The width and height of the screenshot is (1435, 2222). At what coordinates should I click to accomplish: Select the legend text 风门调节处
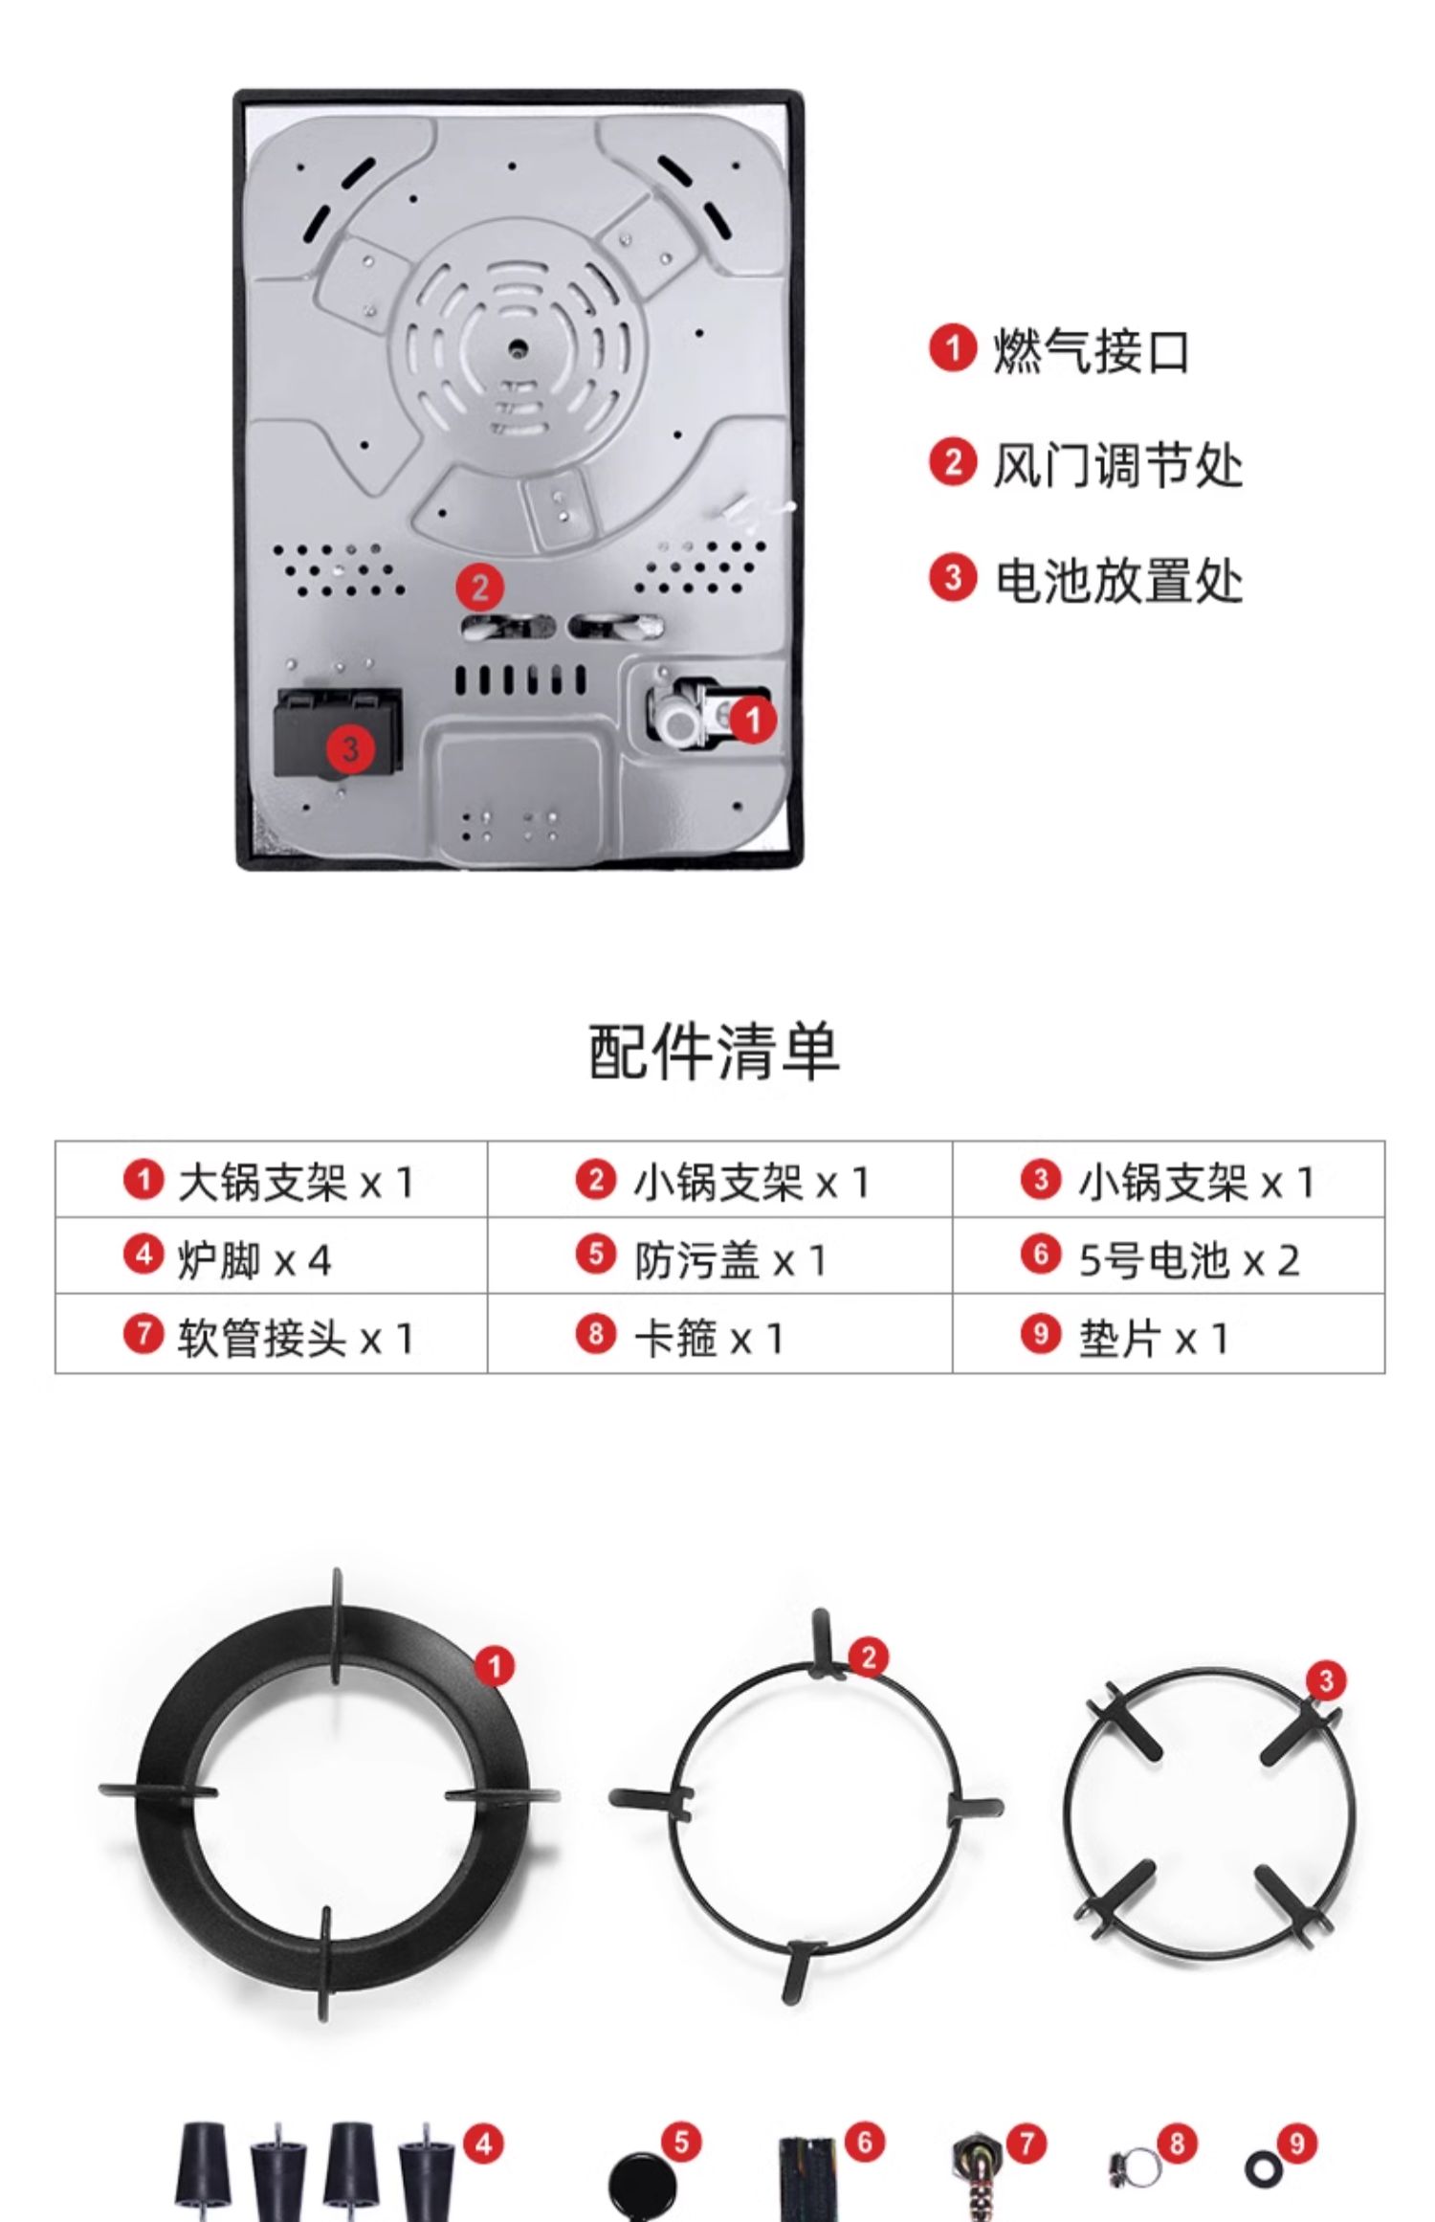pos(1116,465)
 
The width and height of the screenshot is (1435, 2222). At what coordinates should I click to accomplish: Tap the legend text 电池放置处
pos(1117,580)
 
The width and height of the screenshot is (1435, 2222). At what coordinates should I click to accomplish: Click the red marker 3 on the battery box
pos(350,747)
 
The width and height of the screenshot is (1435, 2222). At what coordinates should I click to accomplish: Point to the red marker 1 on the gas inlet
pos(753,718)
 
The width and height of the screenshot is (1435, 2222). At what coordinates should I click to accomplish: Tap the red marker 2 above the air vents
pos(479,587)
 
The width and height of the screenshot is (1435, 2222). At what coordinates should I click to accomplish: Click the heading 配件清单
pos(715,1052)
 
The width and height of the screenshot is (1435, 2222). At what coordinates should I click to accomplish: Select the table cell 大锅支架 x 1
pos(271,1181)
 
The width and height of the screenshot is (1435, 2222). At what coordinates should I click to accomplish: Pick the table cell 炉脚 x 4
pos(271,1258)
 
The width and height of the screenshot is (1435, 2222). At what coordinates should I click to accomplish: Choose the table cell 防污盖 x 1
pos(719,1258)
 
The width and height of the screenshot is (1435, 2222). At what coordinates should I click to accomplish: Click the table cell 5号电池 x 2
pos(1168,1258)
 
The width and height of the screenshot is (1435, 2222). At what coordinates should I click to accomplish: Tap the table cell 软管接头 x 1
pos(271,1336)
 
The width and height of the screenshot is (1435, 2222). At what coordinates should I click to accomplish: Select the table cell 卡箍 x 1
pos(719,1336)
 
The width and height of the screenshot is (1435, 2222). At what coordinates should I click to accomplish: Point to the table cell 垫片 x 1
pos(1168,1336)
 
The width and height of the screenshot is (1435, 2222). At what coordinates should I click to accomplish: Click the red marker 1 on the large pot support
pos(495,1667)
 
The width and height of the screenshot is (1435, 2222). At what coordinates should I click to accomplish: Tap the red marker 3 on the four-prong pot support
pos(1326,1679)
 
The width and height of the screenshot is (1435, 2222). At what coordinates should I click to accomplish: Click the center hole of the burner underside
pos(518,347)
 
